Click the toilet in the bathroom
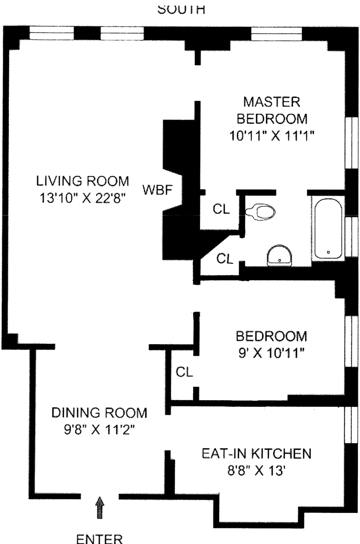point(261,212)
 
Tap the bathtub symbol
point(328,228)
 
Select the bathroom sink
point(279,256)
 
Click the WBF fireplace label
point(157,190)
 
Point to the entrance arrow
point(100,507)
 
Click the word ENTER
point(99,539)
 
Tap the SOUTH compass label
point(181,9)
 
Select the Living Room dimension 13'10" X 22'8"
point(82,198)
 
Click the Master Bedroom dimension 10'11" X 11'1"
point(271,136)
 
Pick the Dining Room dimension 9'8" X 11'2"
point(99,430)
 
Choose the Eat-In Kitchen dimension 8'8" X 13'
point(256,471)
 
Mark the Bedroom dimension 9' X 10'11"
point(271,353)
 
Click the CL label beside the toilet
point(221,209)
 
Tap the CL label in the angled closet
point(225,258)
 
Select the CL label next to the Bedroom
point(184,372)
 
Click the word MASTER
point(271,102)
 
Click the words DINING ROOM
point(99,413)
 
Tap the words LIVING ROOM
point(83,181)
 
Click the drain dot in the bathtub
point(328,252)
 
